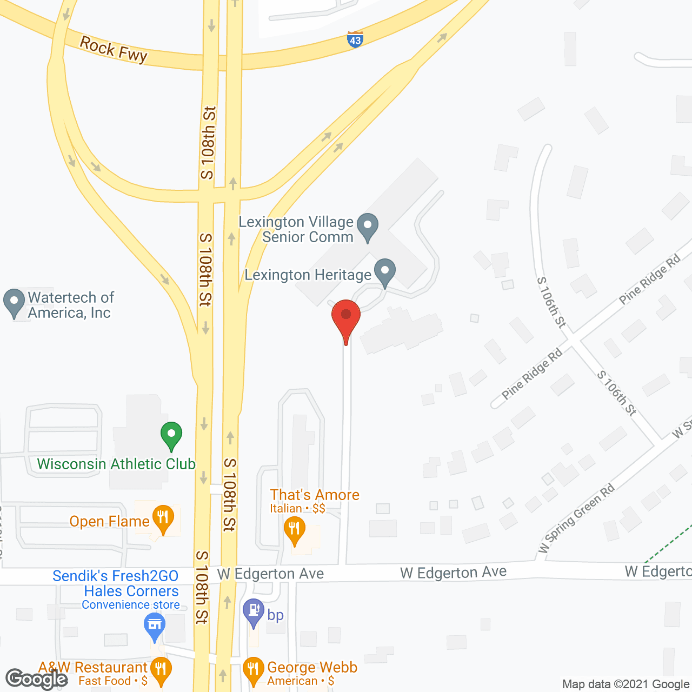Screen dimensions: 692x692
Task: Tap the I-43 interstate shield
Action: coord(355,39)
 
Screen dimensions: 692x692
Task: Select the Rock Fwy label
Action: coord(114,50)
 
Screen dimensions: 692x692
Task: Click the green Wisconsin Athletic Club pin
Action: coord(171,435)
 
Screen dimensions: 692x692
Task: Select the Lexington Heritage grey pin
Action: coord(385,272)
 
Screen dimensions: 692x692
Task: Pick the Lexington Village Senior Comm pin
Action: coord(368,227)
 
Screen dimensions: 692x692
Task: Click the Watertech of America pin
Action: coord(14,303)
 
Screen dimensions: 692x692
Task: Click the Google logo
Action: coord(37,679)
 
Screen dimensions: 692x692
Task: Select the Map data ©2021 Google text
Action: coord(626,684)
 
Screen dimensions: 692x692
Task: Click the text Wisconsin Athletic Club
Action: coord(116,464)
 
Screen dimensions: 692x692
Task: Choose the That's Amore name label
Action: coord(315,495)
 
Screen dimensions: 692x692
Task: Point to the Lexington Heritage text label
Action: coord(308,275)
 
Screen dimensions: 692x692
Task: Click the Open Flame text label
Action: coord(109,522)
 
